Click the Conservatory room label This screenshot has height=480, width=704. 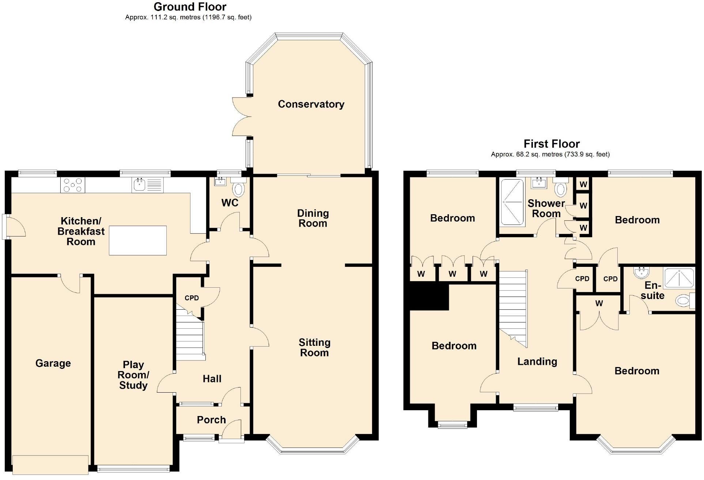(311, 104)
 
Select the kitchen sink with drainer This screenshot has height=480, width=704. (148, 185)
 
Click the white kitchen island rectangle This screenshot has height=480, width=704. (138, 240)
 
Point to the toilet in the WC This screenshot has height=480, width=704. (238, 190)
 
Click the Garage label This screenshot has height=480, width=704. (53, 363)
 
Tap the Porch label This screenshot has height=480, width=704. (211, 420)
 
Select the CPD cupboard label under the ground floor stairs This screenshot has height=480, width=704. (192, 298)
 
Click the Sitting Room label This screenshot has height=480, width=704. (314, 348)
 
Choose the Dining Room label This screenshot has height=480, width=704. (313, 218)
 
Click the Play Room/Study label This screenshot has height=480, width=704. (133, 375)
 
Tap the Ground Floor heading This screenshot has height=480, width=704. (190, 7)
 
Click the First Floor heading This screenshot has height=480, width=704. (552, 144)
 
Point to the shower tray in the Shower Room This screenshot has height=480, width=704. (512, 202)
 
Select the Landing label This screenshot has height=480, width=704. (537, 362)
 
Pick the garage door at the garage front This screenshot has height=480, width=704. (50, 464)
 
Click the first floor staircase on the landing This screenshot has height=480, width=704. (513, 307)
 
